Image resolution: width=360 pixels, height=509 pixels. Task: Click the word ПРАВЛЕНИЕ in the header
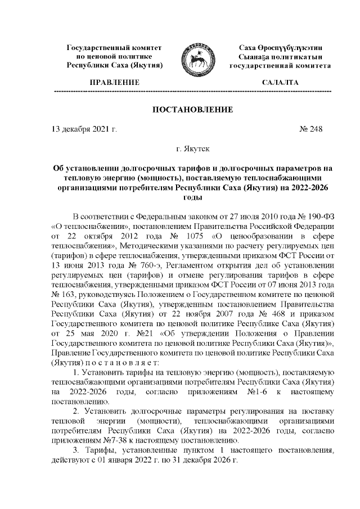(x=115, y=83)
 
